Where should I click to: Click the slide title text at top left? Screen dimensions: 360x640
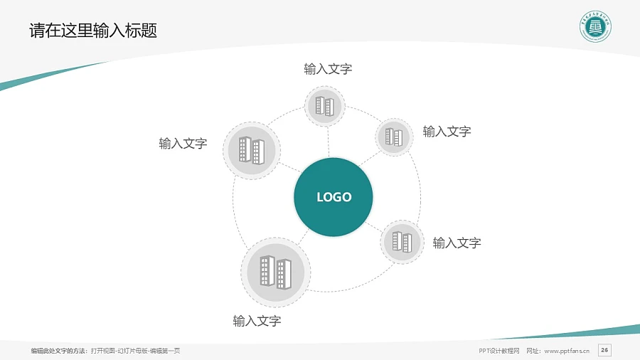(x=93, y=31)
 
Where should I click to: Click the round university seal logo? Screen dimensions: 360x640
(x=595, y=28)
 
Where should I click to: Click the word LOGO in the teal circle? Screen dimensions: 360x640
(x=334, y=197)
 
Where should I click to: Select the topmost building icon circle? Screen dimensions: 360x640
(x=324, y=106)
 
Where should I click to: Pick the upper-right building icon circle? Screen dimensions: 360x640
(x=394, y=137)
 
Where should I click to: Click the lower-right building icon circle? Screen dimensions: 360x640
(x=402, y=242)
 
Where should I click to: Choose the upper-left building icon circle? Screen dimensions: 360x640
(x=252, y=150)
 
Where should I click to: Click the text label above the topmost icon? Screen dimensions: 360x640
(x=328, y=69)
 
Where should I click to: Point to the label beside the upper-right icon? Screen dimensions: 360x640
(x=447, y=131)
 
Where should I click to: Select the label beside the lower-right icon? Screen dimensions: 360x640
(x=457, y=243)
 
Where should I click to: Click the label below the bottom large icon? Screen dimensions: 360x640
(x=257, y=321)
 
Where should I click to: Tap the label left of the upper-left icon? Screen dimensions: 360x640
(x=183, y=144)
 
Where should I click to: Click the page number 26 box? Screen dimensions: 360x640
(x=604, y=349)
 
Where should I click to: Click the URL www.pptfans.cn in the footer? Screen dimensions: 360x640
(x=567, y=351)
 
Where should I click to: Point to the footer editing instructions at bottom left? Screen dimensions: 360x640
(x=105, y=351)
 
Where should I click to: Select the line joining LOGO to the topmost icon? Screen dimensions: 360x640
(x=328, y=142)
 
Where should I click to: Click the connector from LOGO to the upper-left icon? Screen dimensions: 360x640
(x=289, y=169)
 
